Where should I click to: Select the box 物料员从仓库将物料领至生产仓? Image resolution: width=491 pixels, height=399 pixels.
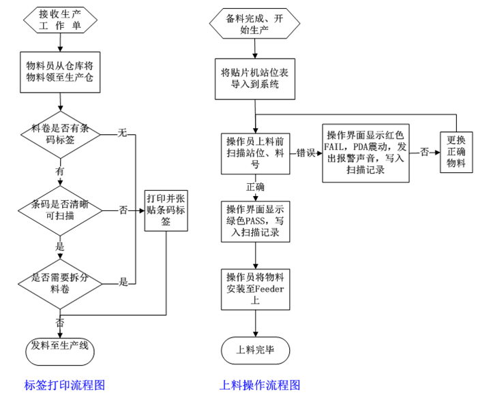(x=61, y=71)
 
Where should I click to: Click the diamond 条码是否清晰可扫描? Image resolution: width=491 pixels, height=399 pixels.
(x=61, y=209)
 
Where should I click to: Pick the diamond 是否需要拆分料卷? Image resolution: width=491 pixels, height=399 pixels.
(x=61, y=282)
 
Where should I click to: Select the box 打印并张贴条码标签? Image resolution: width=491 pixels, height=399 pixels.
(x=166, y=210)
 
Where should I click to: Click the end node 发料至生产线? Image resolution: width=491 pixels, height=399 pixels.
(x=61, y=347)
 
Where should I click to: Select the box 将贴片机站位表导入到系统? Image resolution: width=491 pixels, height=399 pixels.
(x=255, y=78)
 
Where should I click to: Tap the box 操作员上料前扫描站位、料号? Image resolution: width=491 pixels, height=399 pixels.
(x=256, y=153)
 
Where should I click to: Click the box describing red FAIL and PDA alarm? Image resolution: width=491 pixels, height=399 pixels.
(x=366, y=153)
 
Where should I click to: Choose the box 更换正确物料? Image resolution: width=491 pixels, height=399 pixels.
(x=456, y=152)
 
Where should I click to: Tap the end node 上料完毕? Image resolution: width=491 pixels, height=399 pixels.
(x=256, y=350)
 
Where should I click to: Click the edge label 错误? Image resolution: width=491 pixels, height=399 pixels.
(x=306, y=154)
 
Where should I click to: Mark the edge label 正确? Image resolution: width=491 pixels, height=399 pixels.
(x=256, y=187)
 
